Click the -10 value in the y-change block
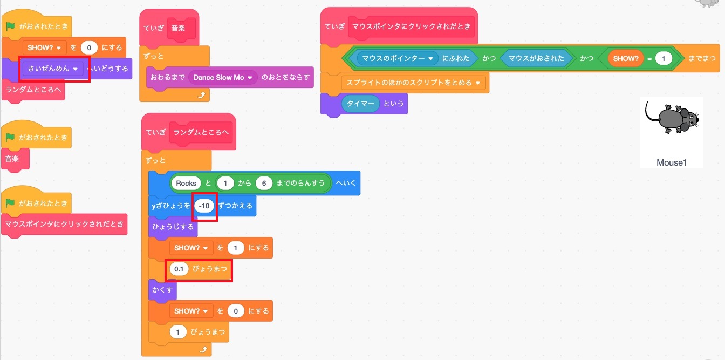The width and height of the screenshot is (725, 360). tap(204, 206)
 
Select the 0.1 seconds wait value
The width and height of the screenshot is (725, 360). tap(179, 268)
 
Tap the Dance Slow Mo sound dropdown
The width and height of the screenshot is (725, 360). tap(223, 77)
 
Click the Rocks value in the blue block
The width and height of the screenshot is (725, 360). tap(186, 184)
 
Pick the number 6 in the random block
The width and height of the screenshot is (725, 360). tap(264, 184)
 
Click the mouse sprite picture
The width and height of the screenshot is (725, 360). tap(672, 119)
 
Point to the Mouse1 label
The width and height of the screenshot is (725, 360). tap(672, 162)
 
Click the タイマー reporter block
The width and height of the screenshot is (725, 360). tap(360, 104)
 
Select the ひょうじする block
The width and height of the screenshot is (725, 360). tap(173, 227)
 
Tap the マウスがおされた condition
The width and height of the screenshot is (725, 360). tap(536, 58)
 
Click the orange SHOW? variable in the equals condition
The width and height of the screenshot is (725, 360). tap(626, 58)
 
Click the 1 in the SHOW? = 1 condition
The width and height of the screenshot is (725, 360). tap(664, 58)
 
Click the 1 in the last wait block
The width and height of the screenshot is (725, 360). tap(178, 331)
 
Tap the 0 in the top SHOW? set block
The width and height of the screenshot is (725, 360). tap(89, 47)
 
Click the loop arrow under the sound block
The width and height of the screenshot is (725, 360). tap(202, 94)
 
